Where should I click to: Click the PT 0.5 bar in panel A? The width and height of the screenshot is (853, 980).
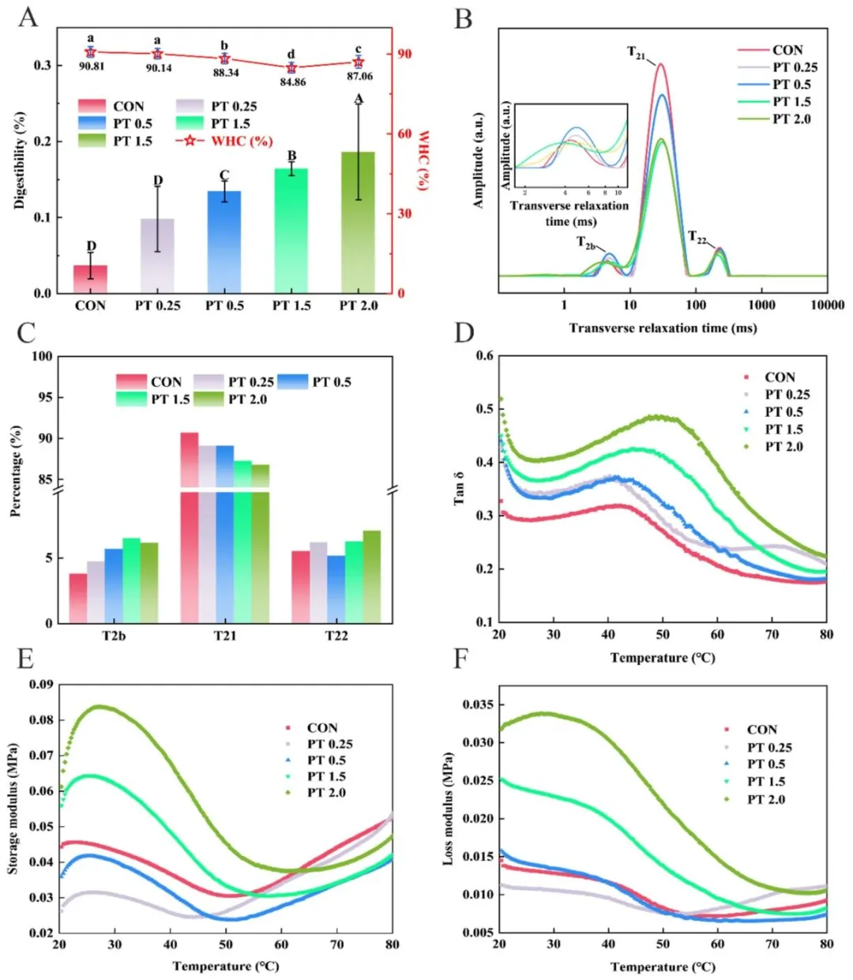click(224, 242)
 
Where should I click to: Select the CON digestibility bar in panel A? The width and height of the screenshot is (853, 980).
click(90, 280)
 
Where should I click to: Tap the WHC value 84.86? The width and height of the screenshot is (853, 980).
click(291, 81)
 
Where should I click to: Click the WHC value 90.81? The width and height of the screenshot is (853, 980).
click(91, 66)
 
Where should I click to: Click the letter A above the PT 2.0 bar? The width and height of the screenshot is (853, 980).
click(359, 99)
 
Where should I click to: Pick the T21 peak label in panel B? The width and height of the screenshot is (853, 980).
click(637, 53)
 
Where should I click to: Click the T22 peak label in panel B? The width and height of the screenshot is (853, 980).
click(697, 237)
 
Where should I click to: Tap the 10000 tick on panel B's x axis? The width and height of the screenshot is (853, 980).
click(826, 306)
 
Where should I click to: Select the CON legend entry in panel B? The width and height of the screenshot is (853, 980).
click(787, 50)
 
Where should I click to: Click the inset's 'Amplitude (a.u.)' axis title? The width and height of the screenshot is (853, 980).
click(506, 145)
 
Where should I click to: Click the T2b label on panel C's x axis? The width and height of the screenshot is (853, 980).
click(114, 636)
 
